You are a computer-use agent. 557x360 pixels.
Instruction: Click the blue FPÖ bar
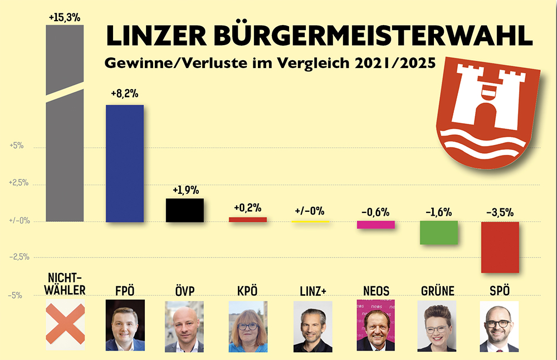[125, 163]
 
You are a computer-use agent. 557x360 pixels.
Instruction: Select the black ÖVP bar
[184, 210]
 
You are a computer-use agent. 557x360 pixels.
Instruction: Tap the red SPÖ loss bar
[500, 247]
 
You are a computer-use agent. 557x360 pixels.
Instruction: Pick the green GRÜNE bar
[438, 232]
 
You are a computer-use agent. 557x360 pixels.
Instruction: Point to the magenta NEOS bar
[376, 225]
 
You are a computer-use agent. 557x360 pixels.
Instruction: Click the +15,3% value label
[65, 17]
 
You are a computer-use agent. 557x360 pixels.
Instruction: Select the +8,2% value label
[125, 95]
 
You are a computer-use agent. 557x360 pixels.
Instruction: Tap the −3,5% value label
[499, 212]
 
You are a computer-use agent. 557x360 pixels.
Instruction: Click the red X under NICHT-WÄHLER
[65, 322]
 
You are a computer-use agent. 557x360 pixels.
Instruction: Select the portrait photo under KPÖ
[248, 327]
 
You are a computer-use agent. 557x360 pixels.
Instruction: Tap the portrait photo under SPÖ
[499, 327]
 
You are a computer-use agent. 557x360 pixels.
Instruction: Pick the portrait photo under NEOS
[375, 327]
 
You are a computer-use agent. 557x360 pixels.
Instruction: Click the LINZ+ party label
[311, 291]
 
